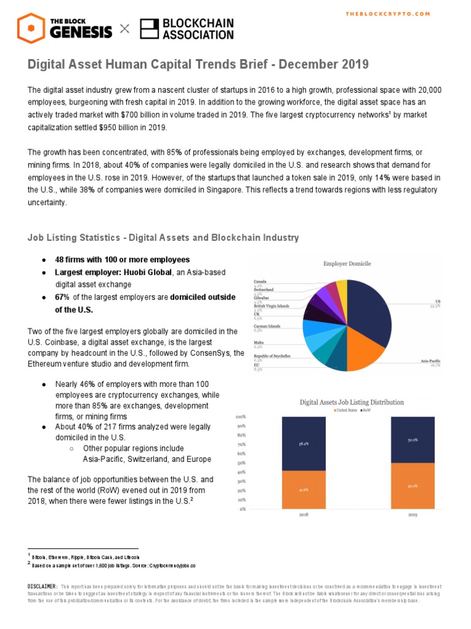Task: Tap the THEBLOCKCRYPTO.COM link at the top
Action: pyautogui.click(x=388, y=14)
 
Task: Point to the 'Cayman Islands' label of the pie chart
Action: pyautogui.click(x=267, y=326)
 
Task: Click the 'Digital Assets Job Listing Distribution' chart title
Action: pyautogui.click(x=351, y=402)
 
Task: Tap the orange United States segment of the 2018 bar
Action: pyautogui.click(x=303, y=490)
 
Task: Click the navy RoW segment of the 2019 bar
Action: pyautogui.click(x=412, y=440)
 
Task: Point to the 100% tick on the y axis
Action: pyautogui.click(x=241, y=416)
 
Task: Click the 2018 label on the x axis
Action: pyautogui.click(x=303, y=515)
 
